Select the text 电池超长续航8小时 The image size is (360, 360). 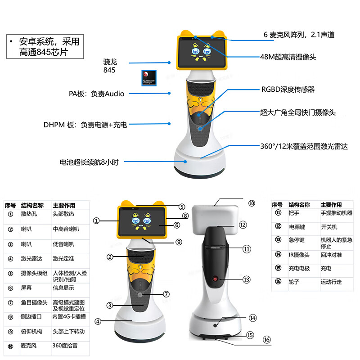pyautogui.click(x=89, y=162)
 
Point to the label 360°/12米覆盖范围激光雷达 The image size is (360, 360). pyautogui.click(x=304, y=146)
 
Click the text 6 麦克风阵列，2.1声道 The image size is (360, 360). pyautogui.click(x=299, y=35)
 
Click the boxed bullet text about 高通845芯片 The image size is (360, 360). pyautogui.click(x=45, y=47)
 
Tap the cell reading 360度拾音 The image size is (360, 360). pyautogui.click(x=64, y=347)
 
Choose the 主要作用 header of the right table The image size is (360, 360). pyautogui.click(x=331, y=205)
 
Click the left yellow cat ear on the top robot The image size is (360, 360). pyautogui.click(x=184, y=34)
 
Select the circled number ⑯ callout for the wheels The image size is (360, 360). pyautogui.click(x=267, y=340)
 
